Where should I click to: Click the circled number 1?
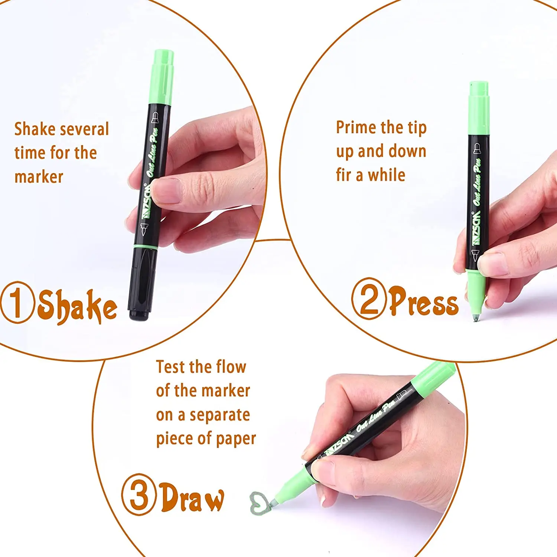[x=17, y=302]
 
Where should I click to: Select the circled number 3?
[x=139, y=494]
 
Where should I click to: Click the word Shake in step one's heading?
[x=77, y=306]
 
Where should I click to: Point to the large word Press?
[x=424, y=302]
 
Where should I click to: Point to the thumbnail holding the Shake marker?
[x=167, y=190]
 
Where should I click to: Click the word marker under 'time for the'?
[x=39, y=177]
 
